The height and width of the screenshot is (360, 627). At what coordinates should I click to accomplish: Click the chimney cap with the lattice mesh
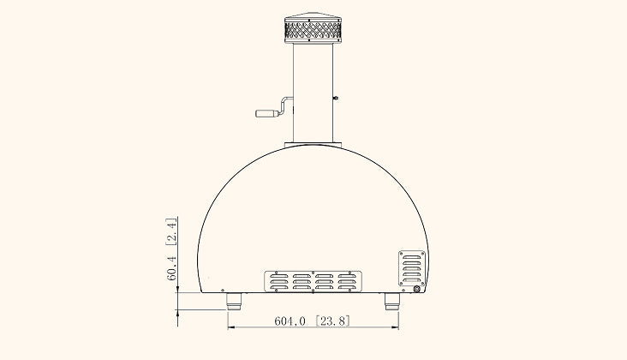313,32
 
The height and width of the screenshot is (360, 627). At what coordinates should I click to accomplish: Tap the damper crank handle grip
265,112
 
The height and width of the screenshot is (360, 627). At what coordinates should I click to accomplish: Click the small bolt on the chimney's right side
337,98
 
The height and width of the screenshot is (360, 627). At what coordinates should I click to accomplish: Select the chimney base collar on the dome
313,142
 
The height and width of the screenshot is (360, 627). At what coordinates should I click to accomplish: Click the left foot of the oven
234,301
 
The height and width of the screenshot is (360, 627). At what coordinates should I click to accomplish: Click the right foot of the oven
391,301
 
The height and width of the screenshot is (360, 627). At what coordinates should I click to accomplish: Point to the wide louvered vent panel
313,281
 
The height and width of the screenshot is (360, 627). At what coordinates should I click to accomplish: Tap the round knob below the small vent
417,289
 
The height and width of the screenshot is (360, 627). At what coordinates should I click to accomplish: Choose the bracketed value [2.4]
171,232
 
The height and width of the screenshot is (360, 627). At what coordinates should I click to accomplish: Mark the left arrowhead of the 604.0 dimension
230,327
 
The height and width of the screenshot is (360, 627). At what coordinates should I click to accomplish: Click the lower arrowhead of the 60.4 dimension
177,314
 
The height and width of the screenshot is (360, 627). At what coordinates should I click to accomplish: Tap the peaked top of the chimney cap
313,16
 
